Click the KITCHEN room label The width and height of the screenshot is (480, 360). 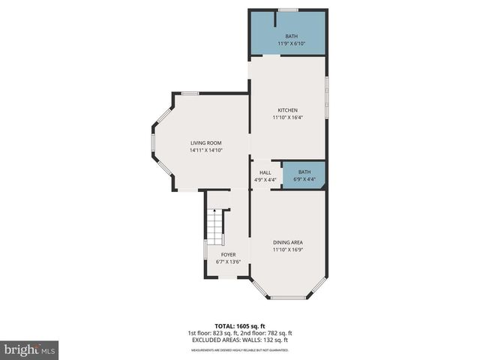(x=288, y=110)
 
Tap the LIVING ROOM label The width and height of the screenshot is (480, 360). (x=205, y=142)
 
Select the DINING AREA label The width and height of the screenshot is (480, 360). (x=288, y=241)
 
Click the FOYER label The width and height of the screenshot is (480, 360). (x=228, y=254)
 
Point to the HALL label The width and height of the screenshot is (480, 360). (x=265, y=172)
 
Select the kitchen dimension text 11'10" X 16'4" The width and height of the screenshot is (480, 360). (x=288, y=118)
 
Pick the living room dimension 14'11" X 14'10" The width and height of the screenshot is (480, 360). (x=205, y=150)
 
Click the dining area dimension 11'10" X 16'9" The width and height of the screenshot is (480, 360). (x=288, y=249)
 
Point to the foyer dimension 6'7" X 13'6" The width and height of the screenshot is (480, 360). (x=228, y=262)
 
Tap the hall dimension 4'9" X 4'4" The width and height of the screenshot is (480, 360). (x=265, y=180)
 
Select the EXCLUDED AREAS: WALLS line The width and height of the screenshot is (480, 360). (x=240, y=340)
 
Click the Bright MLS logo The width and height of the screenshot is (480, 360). (x=30, y=349)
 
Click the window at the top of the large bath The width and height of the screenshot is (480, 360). (x=288, y=10)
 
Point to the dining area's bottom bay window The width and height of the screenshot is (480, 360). (x=288, y=298)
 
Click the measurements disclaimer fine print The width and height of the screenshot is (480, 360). (x=240, y=349)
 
